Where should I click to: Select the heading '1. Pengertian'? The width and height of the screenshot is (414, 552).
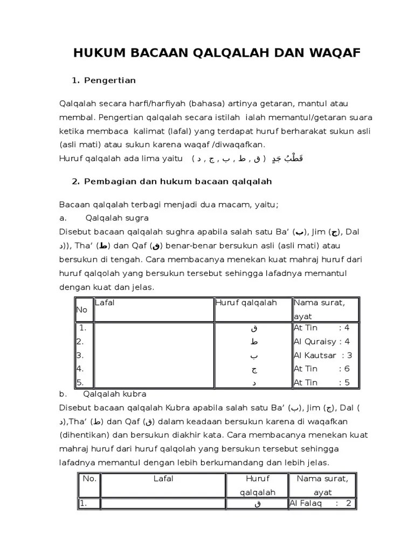[103, 80]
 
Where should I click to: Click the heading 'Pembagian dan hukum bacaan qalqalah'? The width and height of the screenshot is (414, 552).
[177, 182]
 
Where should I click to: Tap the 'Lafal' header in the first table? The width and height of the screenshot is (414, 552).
[105, 303]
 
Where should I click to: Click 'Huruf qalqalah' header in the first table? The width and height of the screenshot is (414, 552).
[246, 303]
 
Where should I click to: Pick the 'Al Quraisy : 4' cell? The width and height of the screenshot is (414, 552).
[322, 341]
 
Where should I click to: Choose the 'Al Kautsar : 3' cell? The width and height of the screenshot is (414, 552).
[323, 355]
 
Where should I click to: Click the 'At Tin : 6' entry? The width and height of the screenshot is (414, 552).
[322, 369]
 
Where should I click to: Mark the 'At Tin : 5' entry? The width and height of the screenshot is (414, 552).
[322, 383]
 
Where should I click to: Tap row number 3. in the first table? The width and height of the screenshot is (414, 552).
[80, 355]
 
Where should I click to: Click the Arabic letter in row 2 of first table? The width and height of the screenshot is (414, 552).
[254, 342]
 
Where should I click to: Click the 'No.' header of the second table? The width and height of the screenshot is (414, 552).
[89, 478]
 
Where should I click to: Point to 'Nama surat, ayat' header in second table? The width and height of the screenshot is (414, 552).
[322, 485]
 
